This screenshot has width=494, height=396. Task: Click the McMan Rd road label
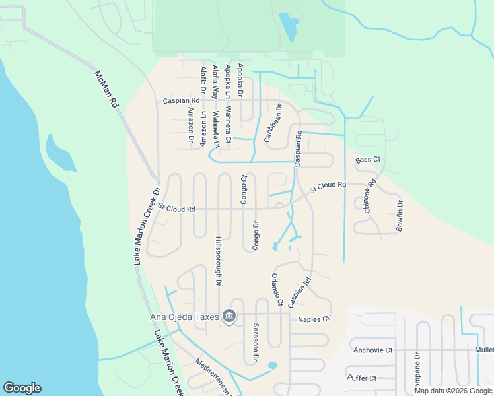click(x=106, y=89)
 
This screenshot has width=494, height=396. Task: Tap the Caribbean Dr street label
click(x=273, y=123)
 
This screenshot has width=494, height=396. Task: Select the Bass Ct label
click(x=368, y=160)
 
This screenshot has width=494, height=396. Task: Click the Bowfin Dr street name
click(x=400, y=215)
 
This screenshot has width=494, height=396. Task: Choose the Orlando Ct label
click(x=276, y=289)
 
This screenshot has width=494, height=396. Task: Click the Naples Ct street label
click(x=313, y=319)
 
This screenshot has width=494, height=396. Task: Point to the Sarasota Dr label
click(x=255, y=343)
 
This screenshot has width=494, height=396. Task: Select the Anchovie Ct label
click(x=372, y=350)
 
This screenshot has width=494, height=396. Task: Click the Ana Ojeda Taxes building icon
click(x=229, y=317)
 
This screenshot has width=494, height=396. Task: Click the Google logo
click(x=22, y=388)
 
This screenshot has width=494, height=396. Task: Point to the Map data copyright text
click(x=454, y=391)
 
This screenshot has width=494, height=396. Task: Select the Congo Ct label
click(x=243, y=189)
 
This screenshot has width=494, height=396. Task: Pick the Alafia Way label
click(x=215, y=82)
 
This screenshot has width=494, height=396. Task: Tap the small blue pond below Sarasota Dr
click(x=272, y=366)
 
